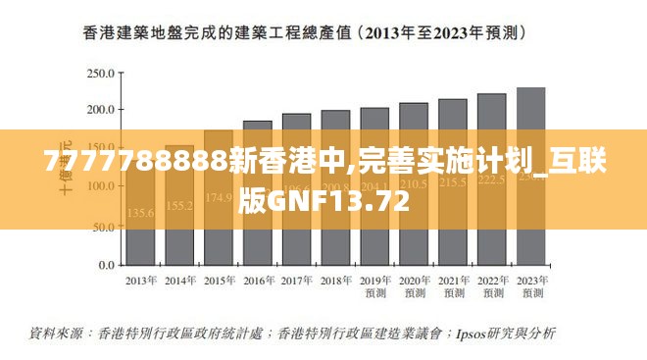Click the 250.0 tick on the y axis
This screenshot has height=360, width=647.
pyautogui.click(x=99, y=74)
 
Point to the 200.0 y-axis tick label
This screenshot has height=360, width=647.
pyautogui.click(x=99, y=110)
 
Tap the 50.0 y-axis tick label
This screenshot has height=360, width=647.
pyautogui.click(x=102, y=227)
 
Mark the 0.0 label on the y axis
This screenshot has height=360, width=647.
pyautogui.click(x=105, y=266)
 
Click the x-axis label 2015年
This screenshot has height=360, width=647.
pyautogui.click(x=219, y=281)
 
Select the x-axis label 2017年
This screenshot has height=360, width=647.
pyautogui.click(x=296, y=281)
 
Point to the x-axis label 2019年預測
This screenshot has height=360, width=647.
pyautogui.click(x=373, y=286)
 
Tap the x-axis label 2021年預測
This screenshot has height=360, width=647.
pyautogui.click(x=453, y=286)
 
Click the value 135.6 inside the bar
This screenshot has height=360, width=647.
pyautogui.click(x=140, y=212)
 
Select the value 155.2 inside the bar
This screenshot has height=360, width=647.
pyautogui.click(x=179, y=206)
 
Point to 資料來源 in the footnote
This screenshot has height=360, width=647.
pyautogui.click(x=58, y=334)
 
